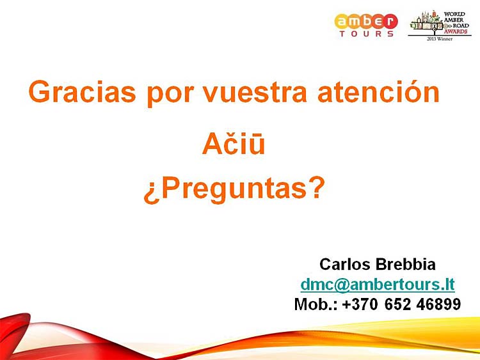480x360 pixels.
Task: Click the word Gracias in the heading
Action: (82, 92)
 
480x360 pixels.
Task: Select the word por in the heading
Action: (170, 94)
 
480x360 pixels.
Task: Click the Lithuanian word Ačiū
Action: (234, 143)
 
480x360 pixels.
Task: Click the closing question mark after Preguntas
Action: (317, 187)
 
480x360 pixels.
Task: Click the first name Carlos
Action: (344, 264)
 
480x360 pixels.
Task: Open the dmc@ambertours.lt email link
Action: (378, 285)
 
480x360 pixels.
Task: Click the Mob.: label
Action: (316, 304)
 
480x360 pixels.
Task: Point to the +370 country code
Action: (360, 304)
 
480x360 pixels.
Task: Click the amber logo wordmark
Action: (366, 21)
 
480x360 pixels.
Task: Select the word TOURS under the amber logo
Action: (367, 34)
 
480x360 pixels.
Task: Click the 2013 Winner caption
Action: (440, 39)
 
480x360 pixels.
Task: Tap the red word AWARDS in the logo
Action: (456, 31)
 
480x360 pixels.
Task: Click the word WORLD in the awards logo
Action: (454, 14)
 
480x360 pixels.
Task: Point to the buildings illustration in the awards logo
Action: (426, 21)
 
